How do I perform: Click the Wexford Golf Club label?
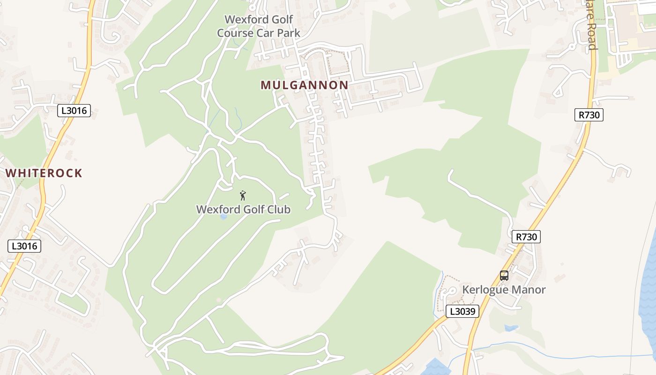point(243,209)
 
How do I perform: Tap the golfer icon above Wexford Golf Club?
point(243,195)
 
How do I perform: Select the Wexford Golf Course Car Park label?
point(259,26)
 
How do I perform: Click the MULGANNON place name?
point(305,85)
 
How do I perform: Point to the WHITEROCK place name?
point(44,173)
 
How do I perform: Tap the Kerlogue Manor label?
point(504,290)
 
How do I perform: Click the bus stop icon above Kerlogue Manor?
point(504,276)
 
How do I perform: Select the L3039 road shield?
point(462,311)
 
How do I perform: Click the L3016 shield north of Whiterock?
point(74,111)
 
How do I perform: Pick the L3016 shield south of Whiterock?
point(24,246)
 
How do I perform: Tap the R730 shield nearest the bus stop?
point(526,237)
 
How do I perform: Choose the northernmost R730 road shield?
point(589,115)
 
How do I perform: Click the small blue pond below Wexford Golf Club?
point(224,217)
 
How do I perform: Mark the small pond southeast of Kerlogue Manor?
point(511,328)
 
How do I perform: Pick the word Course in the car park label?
point(235,33)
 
